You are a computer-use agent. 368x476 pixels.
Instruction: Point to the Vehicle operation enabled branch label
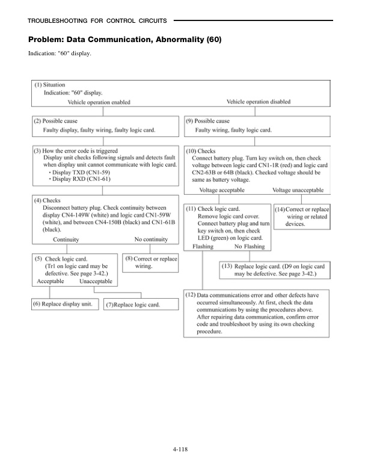tap(106, 102)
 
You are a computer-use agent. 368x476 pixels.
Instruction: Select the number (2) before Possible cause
tap(37, 121)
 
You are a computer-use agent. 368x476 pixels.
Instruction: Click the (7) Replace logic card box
tap(133, 305)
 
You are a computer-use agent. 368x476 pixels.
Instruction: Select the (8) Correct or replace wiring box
tap(151, 262)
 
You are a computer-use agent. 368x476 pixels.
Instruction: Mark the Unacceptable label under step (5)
tap(97, 281)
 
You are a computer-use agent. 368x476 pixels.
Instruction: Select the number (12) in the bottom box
tap(191, 296)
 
